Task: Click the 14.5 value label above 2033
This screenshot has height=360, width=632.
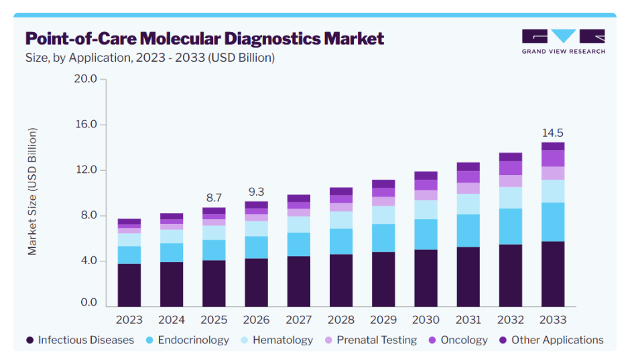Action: pyautogui.click(x=553, y=133)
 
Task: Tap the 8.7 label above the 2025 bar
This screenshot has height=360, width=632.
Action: pyautogui.click(x=214, y=198)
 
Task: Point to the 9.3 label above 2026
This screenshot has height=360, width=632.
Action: pyautogui.click(x=256, y=192)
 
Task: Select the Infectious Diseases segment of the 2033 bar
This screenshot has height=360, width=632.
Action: pyautogui.click(x=553, y=274)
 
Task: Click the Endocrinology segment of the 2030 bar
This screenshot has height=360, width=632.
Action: pyautogui.click(x=426, y=235)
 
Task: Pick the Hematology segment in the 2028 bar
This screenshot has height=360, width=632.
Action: pyautogui.click(x=341, y=220)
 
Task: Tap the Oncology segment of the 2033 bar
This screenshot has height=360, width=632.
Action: pyautogui.click(x=553, y=158)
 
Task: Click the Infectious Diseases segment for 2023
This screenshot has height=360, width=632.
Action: pyautogui.click(x=129, y=286)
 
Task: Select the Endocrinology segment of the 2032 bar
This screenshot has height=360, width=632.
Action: pyautogui.click(x=510, y=227)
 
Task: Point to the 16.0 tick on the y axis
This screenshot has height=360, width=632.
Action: pyautogui.click(x=86, y=124)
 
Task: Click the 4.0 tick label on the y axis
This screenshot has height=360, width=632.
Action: pyautogui.click(x=88, y=260)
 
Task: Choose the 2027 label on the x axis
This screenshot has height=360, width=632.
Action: pyautogui.click(x=299, y=320)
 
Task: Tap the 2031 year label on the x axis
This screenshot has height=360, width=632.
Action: pyautogui.click(x=468, y=320)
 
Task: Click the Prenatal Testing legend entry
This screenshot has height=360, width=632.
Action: pyautogui.click(x=371, y=340)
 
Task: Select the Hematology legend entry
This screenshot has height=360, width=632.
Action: pyautogui.click(x=277, y=340)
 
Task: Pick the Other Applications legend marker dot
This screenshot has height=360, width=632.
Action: pyautogui.click(x=503, y=340)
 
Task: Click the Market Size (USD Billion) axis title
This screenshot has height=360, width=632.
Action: pyautogui.click(x=32, y=192)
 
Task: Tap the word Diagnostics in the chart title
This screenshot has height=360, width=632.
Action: pyautogui.click(x=272, y=39)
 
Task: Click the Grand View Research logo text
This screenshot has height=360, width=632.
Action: pyautogui.click(x=564, y=51)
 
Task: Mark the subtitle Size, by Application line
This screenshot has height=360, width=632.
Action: pyautogui.click(x=150, y=58)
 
